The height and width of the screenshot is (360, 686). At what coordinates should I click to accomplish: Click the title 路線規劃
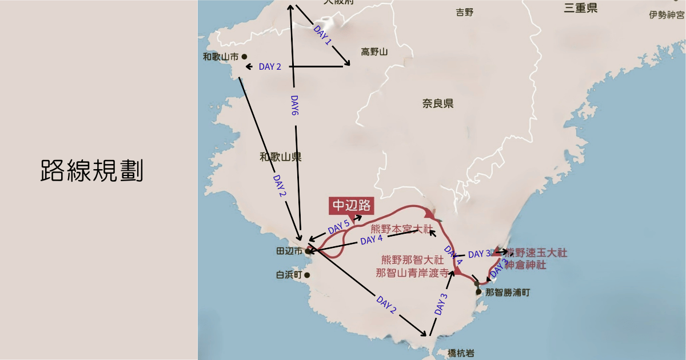(91, 171)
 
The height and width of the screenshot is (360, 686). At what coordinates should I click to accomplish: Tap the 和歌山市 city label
(221, 57)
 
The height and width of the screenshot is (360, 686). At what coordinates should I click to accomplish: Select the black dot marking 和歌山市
(244, 57)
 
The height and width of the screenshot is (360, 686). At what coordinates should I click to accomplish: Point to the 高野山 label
(374, 53)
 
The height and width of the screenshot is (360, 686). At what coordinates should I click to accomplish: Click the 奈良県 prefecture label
(438, 103)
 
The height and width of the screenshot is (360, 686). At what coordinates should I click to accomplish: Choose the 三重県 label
(580, 7)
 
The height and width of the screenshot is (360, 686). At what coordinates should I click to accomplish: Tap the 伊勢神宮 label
(667, 15)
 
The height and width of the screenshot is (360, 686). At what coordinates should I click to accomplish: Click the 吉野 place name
(465, 12)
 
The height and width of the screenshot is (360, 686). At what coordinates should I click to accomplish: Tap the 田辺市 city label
(289, 251)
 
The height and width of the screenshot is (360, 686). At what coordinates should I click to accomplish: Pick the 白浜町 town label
(289, 275)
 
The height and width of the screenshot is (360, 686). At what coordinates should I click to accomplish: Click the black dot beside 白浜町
(308, 275)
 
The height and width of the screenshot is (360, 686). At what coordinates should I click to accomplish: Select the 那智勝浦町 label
(507, 292)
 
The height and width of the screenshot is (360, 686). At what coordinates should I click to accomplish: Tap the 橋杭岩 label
(461, 353)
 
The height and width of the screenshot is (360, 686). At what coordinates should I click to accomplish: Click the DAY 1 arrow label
(323, 35)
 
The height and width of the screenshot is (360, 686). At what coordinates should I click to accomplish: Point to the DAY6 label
(294, 105)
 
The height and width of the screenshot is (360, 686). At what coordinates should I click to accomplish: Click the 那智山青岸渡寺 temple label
(412, 273)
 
